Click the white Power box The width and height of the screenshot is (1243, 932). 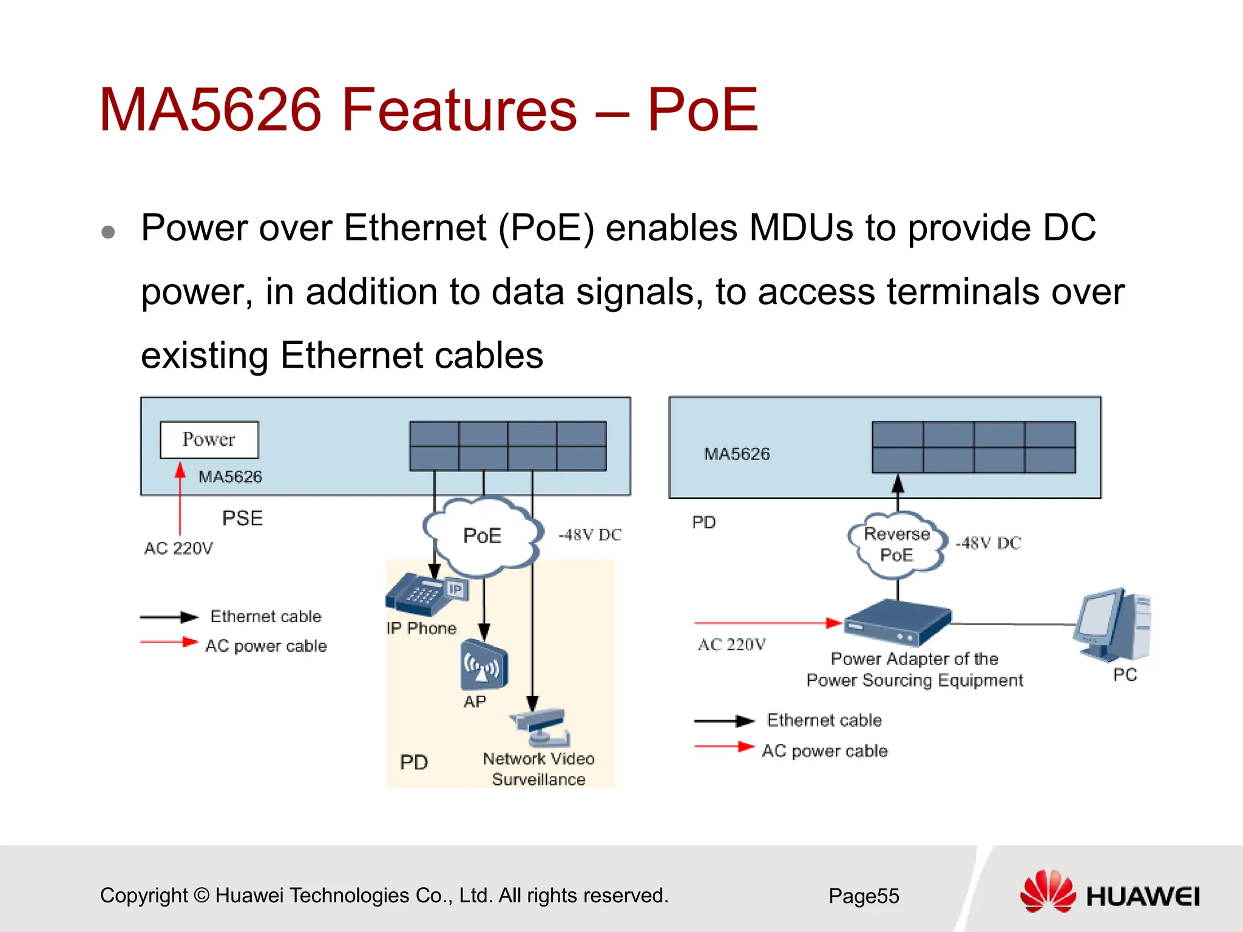click(209, 439)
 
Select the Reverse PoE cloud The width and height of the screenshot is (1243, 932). click(897, 544)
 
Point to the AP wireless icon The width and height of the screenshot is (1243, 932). click(483, 666)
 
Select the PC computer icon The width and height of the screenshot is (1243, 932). click(1113, 625)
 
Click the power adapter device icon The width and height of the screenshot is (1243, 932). click(897, 623)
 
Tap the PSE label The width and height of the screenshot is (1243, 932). click(242, 518)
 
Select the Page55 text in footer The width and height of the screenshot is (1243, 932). click(864, 896)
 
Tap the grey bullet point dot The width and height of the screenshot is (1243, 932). click(108, 232)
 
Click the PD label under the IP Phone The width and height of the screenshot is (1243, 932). click(414, 762)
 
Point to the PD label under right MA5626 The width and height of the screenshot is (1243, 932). click(704, 522)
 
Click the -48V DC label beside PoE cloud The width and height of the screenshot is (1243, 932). click(590, 535)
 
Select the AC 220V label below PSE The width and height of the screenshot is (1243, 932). click(178, 549)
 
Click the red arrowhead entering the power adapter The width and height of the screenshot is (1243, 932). click(834, 623)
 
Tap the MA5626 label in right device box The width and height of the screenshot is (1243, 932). click(737, 454)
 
